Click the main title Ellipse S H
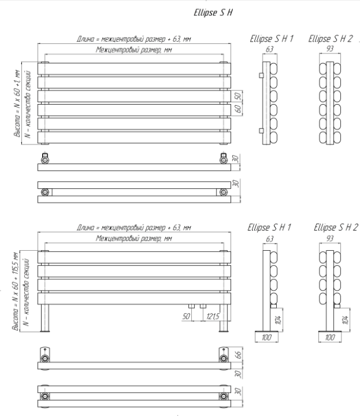[x=213, y=12]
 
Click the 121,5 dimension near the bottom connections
[x=213, y=316]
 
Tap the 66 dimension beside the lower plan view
[x=238, y=354]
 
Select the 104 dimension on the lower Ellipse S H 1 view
[x=278, y=320]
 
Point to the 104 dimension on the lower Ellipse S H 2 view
[x=345, y=320]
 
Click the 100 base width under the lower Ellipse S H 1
[x=266, y=338]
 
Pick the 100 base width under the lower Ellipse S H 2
[x=330, y=338]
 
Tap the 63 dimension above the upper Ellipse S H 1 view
[x=269, y=49]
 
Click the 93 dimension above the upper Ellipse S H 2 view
[x=330, y=49]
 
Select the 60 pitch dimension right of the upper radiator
[x=238, y=109]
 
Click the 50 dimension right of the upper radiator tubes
[x=238, y=96]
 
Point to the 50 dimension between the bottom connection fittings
[x=186, y=316]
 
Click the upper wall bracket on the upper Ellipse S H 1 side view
[x=261, y=75]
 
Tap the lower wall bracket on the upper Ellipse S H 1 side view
[x=261, y=131]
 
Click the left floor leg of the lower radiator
[x=45, y=318]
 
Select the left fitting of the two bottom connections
[x=191, y=306]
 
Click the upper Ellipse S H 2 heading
[x=330, y=39]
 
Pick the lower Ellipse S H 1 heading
[x=269, y=228]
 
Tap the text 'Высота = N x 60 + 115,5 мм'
[x=15, y=291]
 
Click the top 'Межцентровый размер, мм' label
[x=134, y=50]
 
